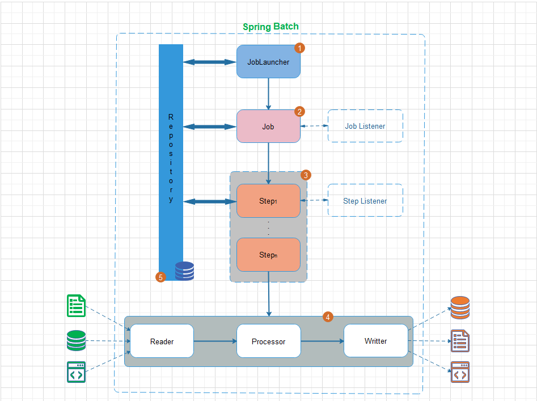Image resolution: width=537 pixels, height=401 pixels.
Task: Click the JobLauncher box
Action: tap(268, 61)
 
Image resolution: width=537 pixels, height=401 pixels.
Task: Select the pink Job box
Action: tap(268, 126)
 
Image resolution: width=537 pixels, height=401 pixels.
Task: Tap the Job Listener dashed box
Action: tap(365, 126)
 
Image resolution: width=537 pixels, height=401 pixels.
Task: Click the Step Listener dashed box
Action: tap(365, 200)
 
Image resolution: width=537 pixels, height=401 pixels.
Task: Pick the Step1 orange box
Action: tap(268, 201)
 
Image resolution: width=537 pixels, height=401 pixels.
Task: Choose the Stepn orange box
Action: tap(268, 255)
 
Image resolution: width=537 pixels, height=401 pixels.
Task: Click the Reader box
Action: tap(162, 341)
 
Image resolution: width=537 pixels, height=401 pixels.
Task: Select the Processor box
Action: tap(268, 341)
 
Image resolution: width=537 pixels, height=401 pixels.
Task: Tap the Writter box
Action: tap(376, 341)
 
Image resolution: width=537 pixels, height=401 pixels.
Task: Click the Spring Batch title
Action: tap(270, 27)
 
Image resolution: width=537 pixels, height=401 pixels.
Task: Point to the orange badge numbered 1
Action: tap(300, 48)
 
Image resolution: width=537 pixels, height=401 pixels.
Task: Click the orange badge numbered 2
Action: tap(300, 112)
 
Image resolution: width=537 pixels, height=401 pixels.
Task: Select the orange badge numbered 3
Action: tap(306, 175)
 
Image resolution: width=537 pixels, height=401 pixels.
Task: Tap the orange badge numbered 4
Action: tap(328, 317)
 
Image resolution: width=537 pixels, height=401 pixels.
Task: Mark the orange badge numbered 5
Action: tap(160, 277)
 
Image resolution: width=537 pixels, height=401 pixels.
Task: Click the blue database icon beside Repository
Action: tap(184, 271)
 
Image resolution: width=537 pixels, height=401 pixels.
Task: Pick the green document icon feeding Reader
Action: tap(76, 306)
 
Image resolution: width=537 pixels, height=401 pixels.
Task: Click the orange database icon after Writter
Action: tap(460, 307)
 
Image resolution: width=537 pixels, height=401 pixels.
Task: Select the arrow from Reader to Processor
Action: tap(215, 341)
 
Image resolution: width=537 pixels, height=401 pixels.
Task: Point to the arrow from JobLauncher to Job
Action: tap(268, 94)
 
